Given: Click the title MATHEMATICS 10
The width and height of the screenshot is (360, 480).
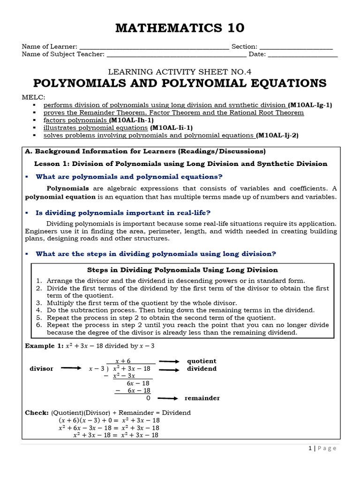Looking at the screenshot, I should [180, 28].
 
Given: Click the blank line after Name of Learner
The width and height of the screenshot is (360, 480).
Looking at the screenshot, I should [154, 47].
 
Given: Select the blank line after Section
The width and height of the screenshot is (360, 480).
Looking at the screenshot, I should [296, 47].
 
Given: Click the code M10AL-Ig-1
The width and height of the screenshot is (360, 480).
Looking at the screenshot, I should [310, 105].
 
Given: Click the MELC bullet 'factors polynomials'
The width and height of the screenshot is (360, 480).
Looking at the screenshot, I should [75, 120].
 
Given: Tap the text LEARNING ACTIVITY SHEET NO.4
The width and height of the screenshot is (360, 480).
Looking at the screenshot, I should [180, 72].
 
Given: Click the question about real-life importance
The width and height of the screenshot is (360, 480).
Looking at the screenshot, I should [123, 212].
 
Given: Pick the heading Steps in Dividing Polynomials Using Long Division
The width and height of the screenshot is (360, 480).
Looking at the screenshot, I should [183, 270].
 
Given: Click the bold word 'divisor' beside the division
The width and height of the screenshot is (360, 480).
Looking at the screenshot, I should [41, 368].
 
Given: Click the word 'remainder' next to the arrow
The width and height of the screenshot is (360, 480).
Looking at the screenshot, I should [202, 398].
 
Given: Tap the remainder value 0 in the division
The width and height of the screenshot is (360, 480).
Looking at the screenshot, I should [148, 398].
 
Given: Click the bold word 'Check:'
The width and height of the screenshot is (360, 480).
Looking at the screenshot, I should [37, 412].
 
